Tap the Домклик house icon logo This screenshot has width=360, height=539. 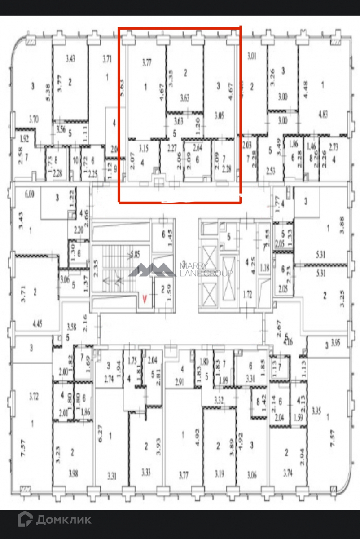tap(25, 520)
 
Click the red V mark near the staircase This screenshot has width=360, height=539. tap(144, 297)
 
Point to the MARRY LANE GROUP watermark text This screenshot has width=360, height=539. tap(206, 269)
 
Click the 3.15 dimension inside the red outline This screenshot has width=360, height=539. tap(144, 147)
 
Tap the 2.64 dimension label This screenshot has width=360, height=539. tap(198, 147)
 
